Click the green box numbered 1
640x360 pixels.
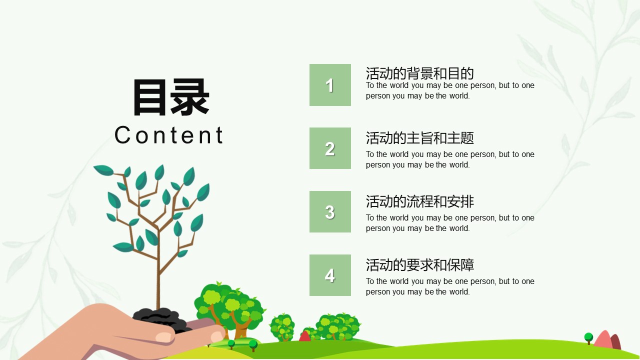pos(330,85)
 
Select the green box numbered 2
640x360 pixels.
pos(330,148)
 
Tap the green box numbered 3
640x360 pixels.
pos(330,211)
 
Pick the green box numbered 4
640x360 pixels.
pos(330,275)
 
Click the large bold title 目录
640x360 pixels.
pos(171,97)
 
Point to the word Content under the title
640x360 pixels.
pos(169,135)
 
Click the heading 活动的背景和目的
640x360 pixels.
pos(419,73)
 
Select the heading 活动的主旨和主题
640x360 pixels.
pos(419,138)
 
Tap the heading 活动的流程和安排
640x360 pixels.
pos(419,201)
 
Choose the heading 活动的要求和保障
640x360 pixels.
pos(419,265)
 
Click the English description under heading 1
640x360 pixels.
pos(450,90)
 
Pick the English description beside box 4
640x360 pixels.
pos(450,286)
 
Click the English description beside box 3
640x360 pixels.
pos(450,223)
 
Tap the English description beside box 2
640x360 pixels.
pos(450,159)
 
